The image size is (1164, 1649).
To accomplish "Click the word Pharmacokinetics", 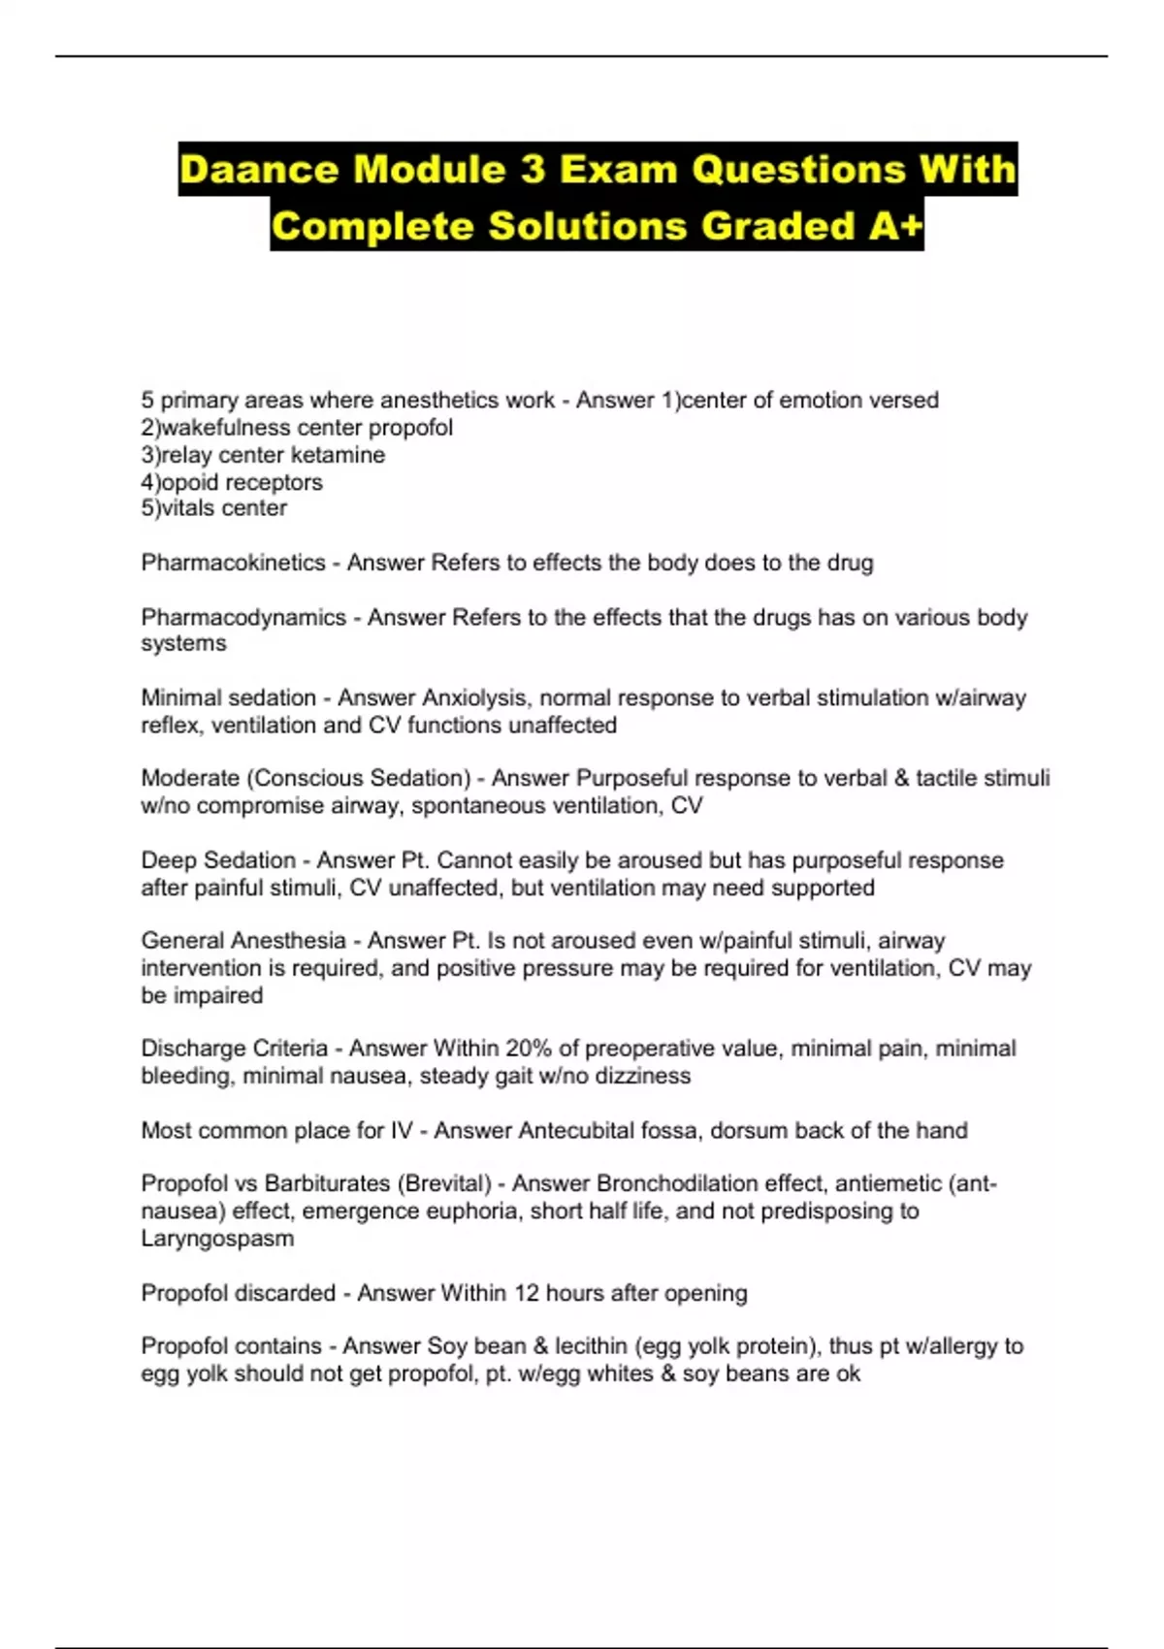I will point(233,563).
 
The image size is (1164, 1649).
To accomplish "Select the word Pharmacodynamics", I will point(243,617).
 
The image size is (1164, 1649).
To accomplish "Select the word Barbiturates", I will point(324,1183).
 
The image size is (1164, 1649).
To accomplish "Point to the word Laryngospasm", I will point(217,1238).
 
